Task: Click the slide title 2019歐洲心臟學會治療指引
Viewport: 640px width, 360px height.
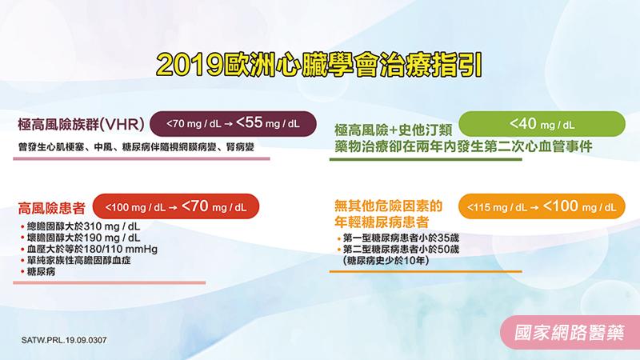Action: (x=320, y=64)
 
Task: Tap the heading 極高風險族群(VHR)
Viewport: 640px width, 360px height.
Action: (x=80, y=125)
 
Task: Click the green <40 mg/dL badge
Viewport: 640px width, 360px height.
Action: (x=542, y=124)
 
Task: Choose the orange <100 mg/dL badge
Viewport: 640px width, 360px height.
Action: (x=541, y=206)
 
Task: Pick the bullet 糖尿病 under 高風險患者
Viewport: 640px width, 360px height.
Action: (x=45, y=272)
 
